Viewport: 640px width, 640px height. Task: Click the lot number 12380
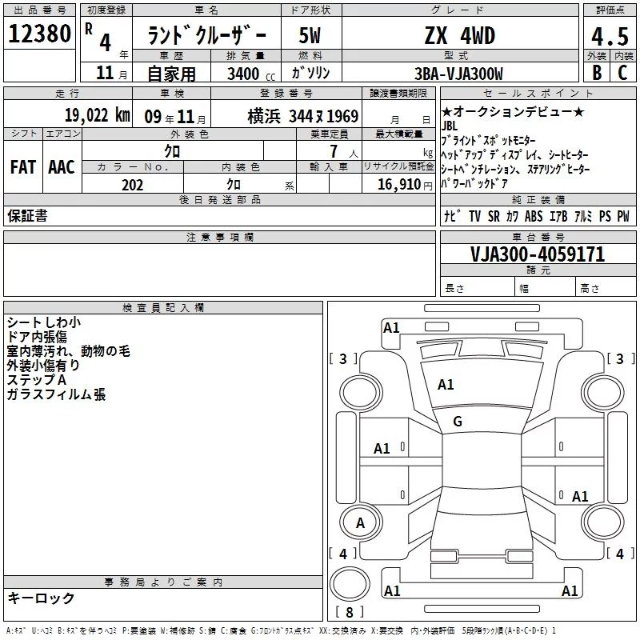tap(39, 34)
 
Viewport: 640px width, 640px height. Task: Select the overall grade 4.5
tap(610, 37)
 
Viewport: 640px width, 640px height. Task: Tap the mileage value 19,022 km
tap(97, 115)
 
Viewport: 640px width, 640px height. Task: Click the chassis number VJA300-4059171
tap(538, 254)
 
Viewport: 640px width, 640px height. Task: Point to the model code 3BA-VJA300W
tap(458, 74)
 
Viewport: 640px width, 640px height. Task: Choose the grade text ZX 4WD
tap(460, 35)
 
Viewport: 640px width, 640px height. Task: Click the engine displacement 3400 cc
tap(251, 74)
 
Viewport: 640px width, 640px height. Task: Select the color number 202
tap(132, 185)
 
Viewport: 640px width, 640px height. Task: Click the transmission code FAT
tap(23, 167)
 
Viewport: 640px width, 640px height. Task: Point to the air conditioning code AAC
tap(62, 167)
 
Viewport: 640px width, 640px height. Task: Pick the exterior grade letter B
tap(597, 73)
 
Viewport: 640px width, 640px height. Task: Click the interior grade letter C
tap(622, 73)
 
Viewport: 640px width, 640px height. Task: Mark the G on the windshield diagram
tap(458, 422)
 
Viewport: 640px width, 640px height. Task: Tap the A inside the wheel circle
tap(360, 523)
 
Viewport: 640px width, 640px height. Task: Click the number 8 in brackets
tap(350, 612)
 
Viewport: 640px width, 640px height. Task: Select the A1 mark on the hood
tap(446, 385)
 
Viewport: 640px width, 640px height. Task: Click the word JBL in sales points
tap(450, 126)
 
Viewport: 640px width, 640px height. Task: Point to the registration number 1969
tap(342, 116)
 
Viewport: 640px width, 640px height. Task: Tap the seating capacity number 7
tap(334, 151)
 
